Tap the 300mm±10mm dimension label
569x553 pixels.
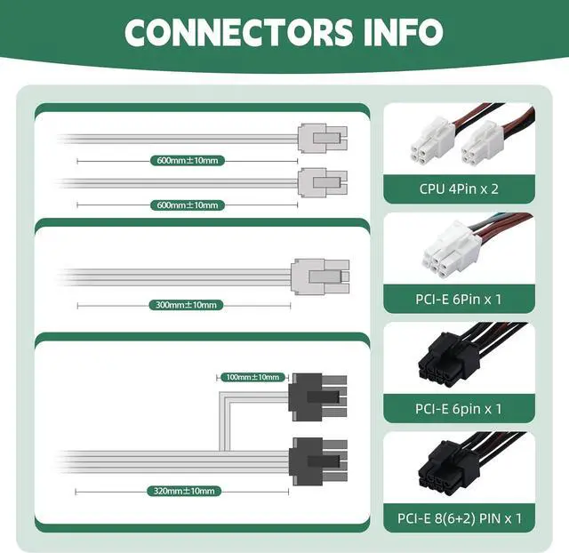185,305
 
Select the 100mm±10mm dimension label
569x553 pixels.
252,377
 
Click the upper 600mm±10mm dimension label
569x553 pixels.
186,160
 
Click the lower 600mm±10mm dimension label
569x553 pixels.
186,205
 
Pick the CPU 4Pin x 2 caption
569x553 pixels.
459,188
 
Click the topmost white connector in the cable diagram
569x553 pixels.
322,139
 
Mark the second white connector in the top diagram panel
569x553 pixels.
322,183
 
